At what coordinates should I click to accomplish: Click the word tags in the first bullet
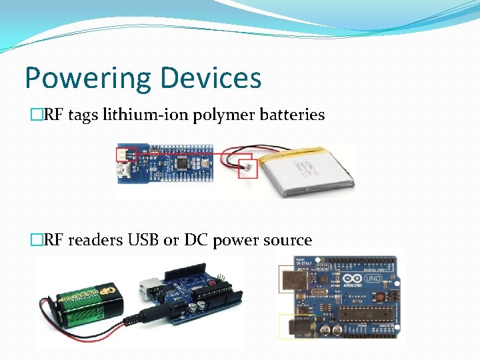82,115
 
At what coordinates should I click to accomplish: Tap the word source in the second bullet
285,240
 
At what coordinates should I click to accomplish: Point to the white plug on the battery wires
246,168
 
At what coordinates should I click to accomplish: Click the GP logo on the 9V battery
107,292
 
